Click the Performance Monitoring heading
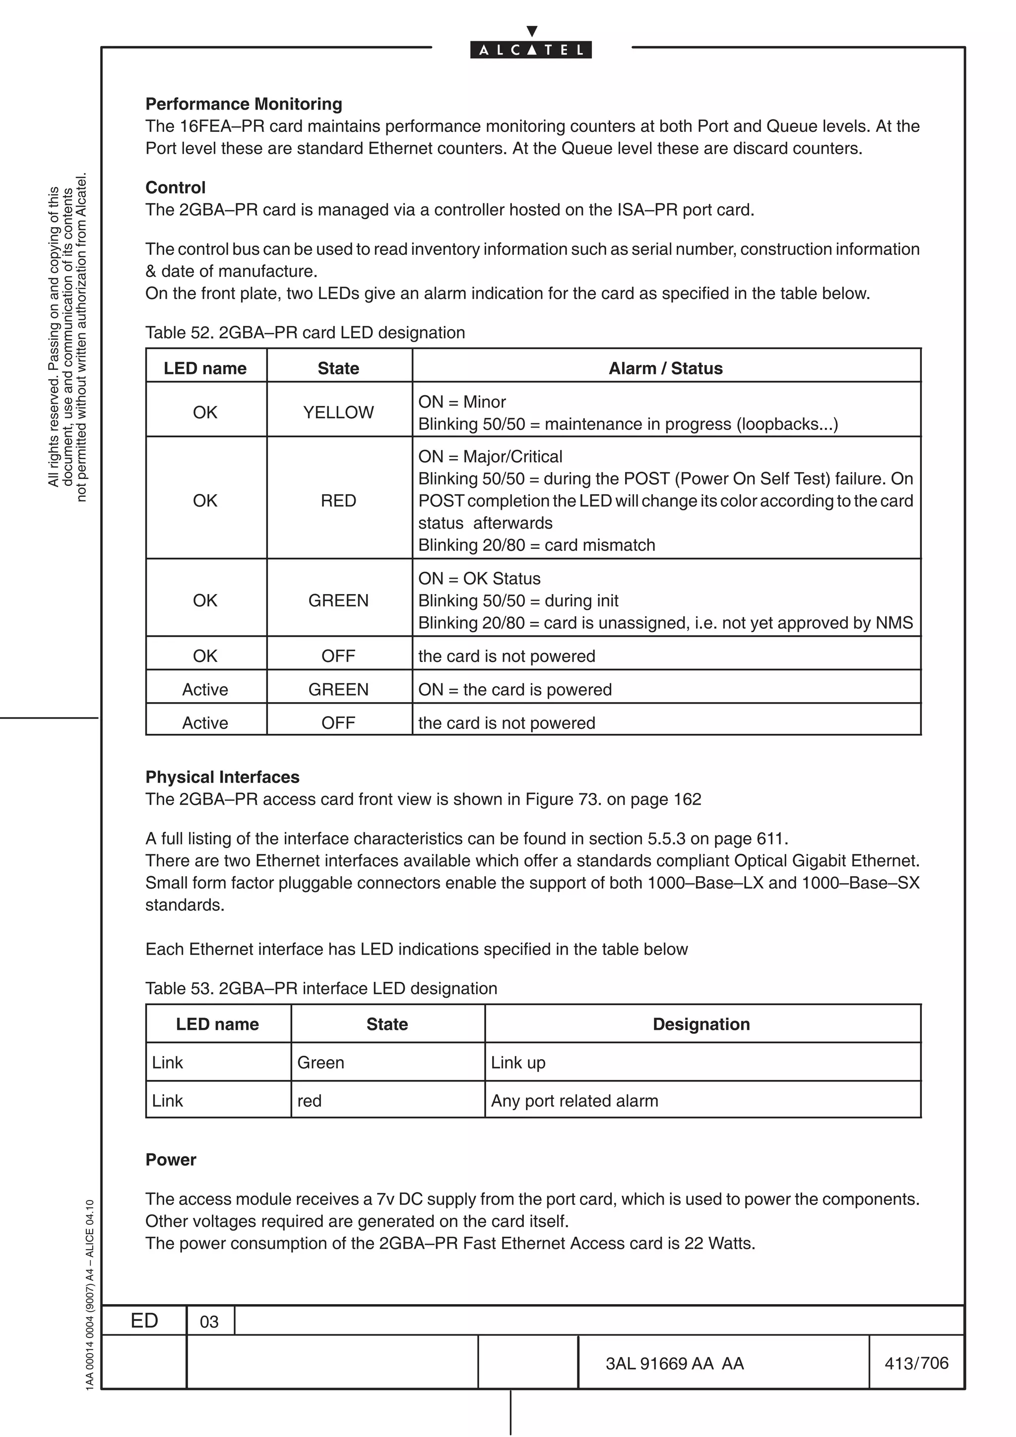(x=244, y=104)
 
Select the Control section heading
(x=175, y=188)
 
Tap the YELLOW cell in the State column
(x=338, y=413)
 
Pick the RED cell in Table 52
(x=338, y=501)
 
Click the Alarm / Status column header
(x=665, y=368)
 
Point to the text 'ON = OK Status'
(x=480, y=578)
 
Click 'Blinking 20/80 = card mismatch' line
(x=536, y=545)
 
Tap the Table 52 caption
(x=305, y=332)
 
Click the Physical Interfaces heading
(x=222, y=778)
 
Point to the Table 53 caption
(x=321, y=988)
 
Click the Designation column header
(x=701, y=1024)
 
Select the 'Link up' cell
(x=518, y=1062)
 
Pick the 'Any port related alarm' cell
(x=574, y=1100)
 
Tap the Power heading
(x=171, y=1160)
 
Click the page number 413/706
(x=916, y=1363)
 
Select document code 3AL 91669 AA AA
(x=675, y=1364)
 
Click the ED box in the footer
(x=144, y=1320)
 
